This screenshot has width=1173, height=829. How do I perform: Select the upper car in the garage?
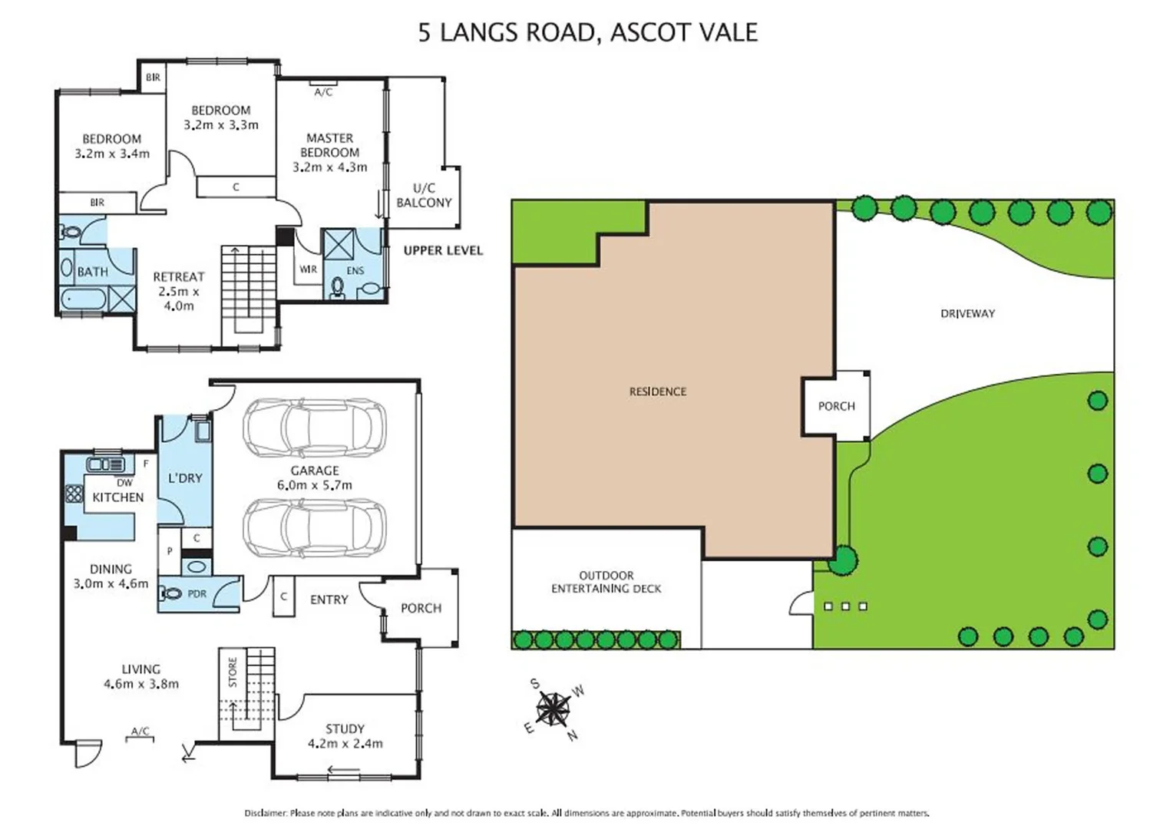pos(315,427)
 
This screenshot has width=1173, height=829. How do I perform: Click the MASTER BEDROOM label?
pos(329,152)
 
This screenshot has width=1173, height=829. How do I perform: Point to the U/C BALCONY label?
pos(424,195)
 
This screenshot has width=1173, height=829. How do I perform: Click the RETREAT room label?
pos(178,291)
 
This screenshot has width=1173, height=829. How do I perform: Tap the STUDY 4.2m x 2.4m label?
pos(345,735)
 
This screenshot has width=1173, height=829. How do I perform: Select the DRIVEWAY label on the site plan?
pos(967,313)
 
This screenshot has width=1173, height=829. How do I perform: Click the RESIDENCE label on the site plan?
pos(657,391)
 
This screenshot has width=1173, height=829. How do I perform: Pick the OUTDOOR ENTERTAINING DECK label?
pos(606,582)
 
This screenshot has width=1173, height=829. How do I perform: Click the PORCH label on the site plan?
pos(836,406)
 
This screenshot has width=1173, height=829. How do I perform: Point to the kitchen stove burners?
pos(74,494)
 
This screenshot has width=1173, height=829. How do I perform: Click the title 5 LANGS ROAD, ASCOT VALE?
pos(587,32)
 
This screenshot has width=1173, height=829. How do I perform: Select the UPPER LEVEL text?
pos(443,250)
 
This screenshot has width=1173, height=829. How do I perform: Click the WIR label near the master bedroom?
pos(308,269)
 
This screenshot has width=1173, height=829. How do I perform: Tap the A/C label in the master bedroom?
pos(323,92)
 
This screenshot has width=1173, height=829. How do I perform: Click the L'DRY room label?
pos(185,477)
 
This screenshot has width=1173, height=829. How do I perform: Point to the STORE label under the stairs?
pos(233,672)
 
